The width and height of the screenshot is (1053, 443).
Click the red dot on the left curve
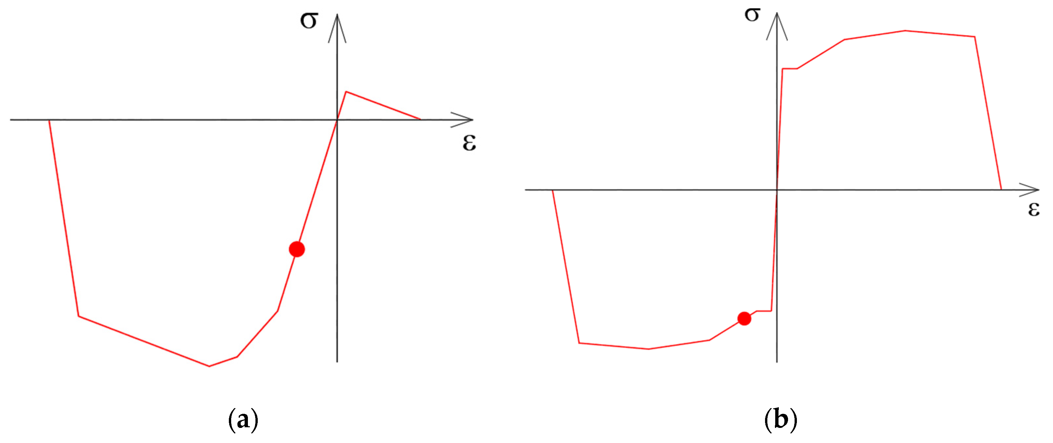(x=297, y=249)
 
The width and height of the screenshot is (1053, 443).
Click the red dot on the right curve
(x=744, y=318)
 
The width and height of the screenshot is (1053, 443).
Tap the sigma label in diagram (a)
(x=309, y=20)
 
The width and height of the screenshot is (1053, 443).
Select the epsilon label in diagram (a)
(x=469, y=143)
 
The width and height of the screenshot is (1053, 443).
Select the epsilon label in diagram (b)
(x=1034, y=209)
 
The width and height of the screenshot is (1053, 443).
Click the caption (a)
(x=243, y=420)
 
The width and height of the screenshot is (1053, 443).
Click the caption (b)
(x=780, y=420)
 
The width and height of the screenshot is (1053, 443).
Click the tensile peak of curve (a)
(x=346, y=92)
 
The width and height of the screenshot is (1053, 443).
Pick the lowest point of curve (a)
(x=209, y=366)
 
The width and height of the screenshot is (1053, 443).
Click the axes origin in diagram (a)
(x=337, y=120)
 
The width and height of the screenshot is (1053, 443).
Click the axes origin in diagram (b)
(x=777, y=190)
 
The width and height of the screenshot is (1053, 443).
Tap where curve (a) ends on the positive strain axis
(x=420, y=119)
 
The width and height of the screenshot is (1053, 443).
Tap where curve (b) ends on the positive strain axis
(x=1001, y=190)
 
